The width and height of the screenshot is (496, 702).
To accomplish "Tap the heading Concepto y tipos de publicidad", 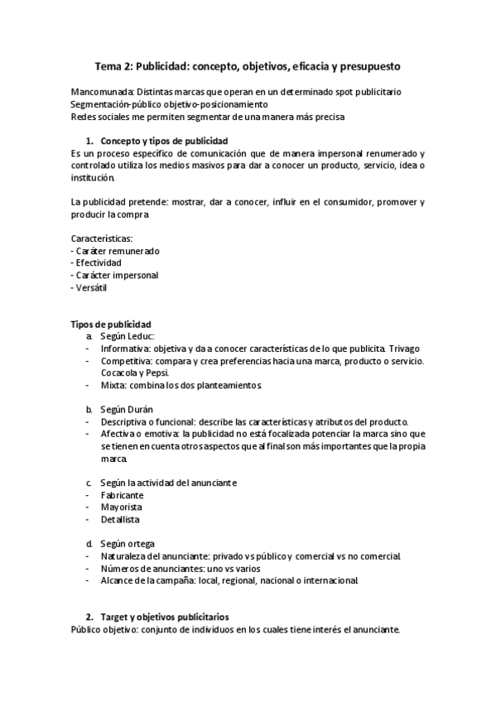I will click(x=164, y=141).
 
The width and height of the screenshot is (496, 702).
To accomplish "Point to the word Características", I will click(x=102, y=238).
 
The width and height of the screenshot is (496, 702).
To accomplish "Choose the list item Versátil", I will click(x=94, y=287).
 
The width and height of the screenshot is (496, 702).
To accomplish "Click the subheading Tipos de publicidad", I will click(x=111, y=324).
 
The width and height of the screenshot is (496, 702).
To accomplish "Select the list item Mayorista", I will click(x=122, y=507).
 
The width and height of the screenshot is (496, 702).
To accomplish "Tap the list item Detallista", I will click(x=121, y=520).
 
